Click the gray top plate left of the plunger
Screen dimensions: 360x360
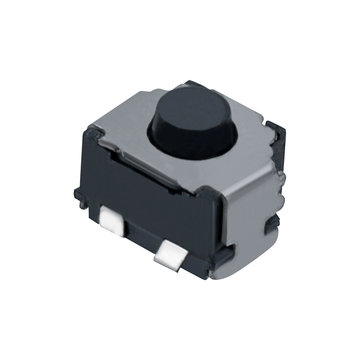click(x=126, y=122)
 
